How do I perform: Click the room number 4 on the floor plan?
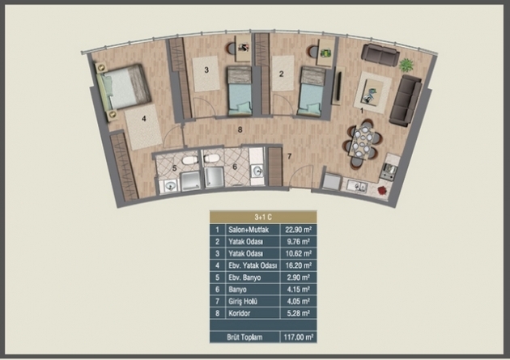pos(144,119)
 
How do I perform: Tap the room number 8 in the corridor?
pos(240,130)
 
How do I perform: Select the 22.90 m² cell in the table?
pos(298,230)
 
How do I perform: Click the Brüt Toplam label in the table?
pos(244,337)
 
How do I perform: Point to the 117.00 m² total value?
pos(298,337)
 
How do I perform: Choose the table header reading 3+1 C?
pos(263,217)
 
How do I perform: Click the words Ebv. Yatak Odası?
pos(253,265)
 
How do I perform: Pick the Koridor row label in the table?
pos(239,313)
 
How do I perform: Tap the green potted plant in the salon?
pos(406,65)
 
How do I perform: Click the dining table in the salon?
pos(361,143)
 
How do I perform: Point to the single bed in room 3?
pos(240,91)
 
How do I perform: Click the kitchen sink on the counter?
pos(357,187)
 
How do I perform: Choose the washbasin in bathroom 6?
pos(257,171)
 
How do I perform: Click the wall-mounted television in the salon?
pos(338,86)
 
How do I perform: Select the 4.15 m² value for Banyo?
pos(298,289)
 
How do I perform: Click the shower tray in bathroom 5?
pos(190,181)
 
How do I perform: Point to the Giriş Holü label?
pos(243,302)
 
